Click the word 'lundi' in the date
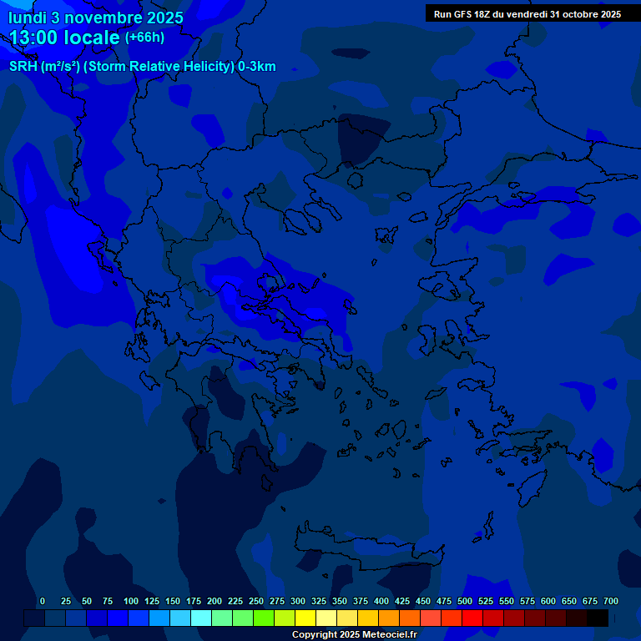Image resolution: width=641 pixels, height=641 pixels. tap(28, 17)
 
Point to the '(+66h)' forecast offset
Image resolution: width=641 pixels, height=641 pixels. tap(144, 38)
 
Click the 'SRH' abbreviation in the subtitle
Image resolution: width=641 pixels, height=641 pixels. tap(23, 67)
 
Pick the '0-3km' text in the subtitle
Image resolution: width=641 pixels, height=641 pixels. tap(257, 67)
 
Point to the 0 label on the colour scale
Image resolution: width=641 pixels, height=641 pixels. tap(43, 601)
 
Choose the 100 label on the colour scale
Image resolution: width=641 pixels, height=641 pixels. tap(131, 601)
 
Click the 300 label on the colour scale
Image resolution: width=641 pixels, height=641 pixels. tap(298, 601)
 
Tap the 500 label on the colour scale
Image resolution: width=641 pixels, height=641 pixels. tap(465, 601)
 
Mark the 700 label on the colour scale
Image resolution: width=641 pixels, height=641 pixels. tap(611, 601)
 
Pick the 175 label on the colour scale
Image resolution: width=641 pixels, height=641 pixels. tap(194, 601)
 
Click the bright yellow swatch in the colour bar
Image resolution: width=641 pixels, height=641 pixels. tap(305, 618)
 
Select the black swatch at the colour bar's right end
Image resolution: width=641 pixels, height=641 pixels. tap(598, 618)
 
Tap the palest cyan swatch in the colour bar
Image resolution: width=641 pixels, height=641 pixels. tap(201, 618)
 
